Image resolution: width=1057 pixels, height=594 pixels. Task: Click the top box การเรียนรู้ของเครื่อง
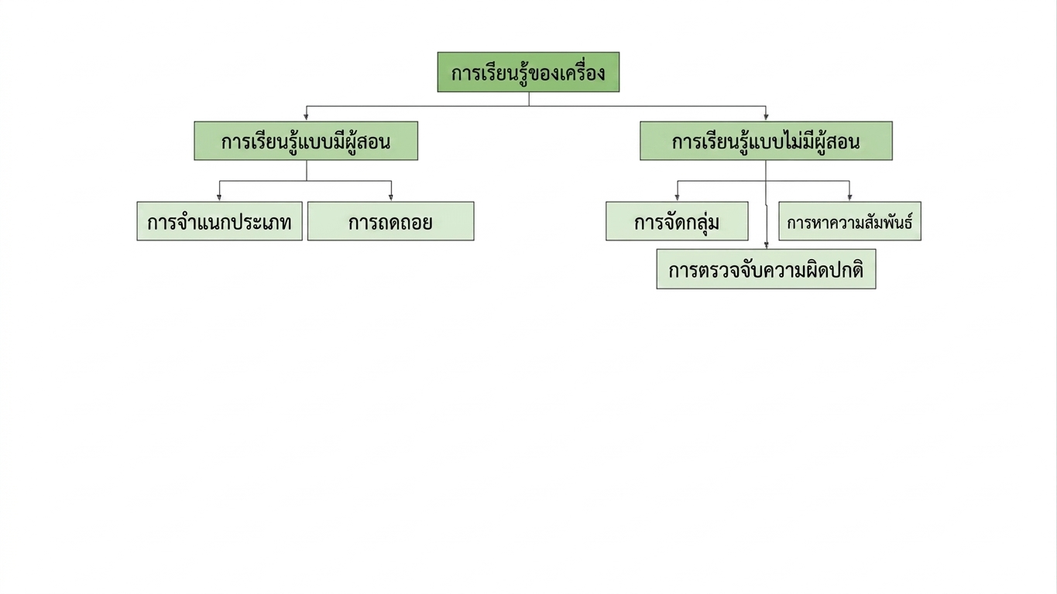coord(528,72)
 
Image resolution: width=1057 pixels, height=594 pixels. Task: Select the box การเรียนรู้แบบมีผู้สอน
coord(306,141)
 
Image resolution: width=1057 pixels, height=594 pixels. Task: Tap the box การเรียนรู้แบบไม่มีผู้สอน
coord(766,141)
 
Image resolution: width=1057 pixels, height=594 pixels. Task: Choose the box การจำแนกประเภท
coord(219,221)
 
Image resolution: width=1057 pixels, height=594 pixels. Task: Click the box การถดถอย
coord(391,221)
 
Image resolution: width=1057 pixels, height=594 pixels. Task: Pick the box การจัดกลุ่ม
coord(677,221)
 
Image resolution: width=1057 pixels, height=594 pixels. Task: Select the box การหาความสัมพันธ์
coord(849,221)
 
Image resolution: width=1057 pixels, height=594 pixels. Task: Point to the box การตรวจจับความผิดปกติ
coord(767,269)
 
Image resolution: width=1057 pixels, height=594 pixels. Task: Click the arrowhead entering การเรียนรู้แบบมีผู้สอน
coord(306,117)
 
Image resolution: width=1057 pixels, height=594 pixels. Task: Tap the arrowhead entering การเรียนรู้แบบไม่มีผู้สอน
coord(766,117)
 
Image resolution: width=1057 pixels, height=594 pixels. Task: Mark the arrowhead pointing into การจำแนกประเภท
coord(219,197)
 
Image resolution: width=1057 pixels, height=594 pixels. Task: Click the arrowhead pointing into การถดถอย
coord(391,197)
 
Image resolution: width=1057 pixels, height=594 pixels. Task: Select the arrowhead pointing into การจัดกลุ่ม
coord(677,197)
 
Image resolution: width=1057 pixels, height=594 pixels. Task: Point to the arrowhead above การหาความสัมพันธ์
coord(849,197)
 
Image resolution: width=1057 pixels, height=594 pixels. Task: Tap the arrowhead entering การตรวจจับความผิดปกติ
coord(767,245)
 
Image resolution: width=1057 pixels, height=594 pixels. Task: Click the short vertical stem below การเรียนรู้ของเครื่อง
coord(529,99)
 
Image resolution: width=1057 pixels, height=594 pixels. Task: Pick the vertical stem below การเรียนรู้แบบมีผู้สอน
coord(307,170)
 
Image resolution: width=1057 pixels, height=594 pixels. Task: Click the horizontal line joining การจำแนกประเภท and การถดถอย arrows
coord(305,180)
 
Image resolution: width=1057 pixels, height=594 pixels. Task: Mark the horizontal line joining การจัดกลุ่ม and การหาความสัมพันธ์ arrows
coord(764,180)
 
